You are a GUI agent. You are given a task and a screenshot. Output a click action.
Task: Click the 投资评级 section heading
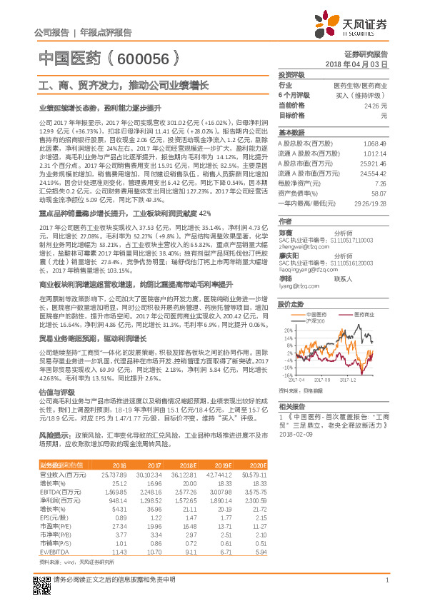point(291,74)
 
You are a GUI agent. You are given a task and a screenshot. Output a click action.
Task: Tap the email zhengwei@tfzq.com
point(299,246)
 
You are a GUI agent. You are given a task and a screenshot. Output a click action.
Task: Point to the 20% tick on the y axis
point(288,331)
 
